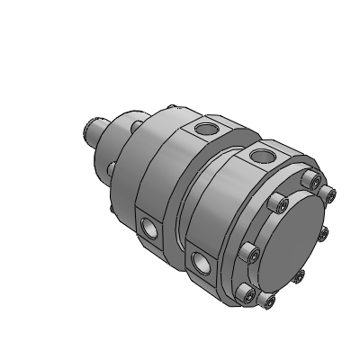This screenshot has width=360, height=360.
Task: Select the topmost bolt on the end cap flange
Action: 314,184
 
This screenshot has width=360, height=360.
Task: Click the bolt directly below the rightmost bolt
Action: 323,234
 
